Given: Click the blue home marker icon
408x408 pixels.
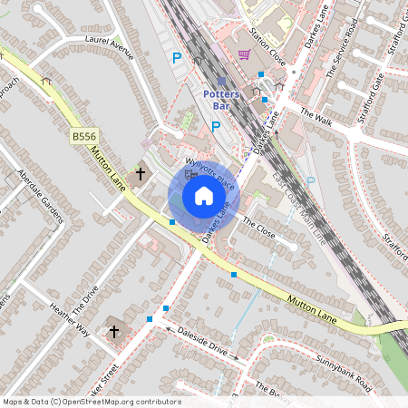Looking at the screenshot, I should coord(204,196).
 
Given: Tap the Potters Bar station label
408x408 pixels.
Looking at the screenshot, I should coord(221,100).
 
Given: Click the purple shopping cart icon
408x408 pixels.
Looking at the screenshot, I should coord(244,54).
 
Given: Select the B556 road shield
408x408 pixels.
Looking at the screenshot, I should coord(83,136).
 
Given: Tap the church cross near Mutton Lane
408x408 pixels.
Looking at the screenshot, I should coord(141,172).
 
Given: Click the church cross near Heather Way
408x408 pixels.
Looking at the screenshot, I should coord(114,332).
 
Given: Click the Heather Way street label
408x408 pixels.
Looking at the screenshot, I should coord(70,318).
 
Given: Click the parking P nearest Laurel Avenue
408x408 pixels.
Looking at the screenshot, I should coord(177,57).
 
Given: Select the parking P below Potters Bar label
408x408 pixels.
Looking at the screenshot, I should coord(216,127).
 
